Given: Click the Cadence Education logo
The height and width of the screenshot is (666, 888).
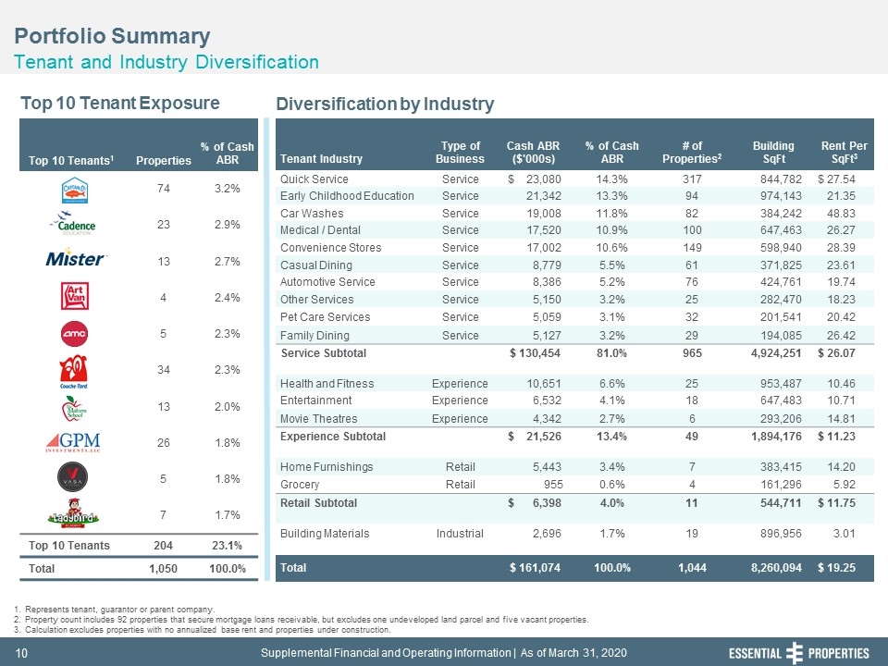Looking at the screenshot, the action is (x=74, y=223).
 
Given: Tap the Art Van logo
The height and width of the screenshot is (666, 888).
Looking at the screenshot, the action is (x=75, y=296).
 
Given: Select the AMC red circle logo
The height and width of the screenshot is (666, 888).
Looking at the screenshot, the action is (x=74, y=334).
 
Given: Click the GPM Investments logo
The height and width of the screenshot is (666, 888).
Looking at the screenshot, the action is (x=73, y=442).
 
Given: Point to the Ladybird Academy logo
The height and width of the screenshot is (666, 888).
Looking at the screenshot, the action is (x=73, y=513).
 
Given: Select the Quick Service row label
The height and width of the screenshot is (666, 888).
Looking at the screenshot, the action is (x=314, y=179).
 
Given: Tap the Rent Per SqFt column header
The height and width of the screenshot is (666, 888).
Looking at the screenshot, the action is (x=844, y=153).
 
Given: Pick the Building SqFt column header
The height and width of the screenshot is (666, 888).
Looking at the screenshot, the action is (x=773, y=153).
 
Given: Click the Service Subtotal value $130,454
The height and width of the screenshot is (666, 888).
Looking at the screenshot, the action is (x=535, y=353).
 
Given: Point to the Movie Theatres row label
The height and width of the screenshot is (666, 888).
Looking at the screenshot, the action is (x=319, y=419).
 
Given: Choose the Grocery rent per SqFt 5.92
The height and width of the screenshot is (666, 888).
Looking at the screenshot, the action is (x=844, y=485).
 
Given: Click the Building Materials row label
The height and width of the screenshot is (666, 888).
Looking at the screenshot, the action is (x=325, y=534).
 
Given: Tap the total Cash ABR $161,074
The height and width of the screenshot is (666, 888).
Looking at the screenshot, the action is (x=535, y=568).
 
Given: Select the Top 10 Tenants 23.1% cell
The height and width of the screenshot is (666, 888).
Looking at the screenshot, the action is (x=228, y=546).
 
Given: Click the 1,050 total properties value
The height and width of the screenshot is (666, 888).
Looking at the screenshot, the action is (x=163, y=569).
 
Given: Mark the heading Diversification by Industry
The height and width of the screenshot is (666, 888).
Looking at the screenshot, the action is (x=385, y=105).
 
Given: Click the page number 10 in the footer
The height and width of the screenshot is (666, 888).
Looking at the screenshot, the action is (x=21, y=654).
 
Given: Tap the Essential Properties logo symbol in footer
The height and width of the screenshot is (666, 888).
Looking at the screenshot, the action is (x=795, y=653).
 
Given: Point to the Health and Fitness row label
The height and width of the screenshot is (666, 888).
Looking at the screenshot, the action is (x=327, y=384).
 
